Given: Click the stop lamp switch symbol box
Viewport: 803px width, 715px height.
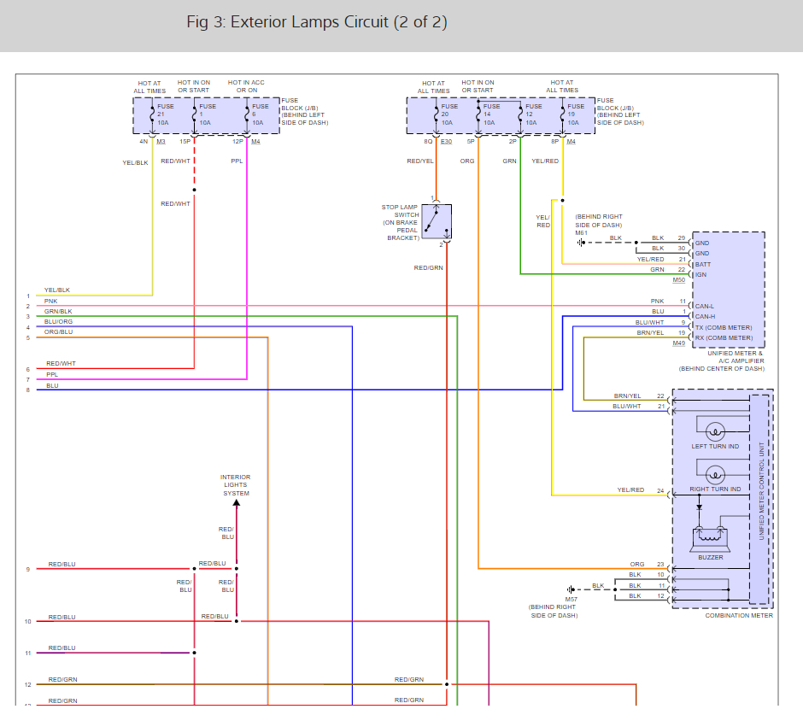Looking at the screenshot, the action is (437, 222).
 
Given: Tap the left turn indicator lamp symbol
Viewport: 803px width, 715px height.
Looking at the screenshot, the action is (715, 431).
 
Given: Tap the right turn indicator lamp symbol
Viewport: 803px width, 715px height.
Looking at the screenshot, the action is (715, 475).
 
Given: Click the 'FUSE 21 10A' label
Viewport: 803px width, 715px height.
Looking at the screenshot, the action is (165, 114).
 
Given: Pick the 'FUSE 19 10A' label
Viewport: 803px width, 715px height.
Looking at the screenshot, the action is (576, 114).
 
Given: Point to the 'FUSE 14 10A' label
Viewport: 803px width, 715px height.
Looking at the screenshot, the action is (491, 114).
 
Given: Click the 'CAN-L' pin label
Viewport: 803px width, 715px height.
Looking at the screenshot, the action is (704, 307).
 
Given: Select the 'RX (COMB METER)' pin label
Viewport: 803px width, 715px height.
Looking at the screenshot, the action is (724, 338).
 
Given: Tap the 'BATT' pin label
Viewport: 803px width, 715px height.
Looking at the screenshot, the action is (702, 265).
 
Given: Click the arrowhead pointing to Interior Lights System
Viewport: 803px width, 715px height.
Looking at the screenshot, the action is (236, 503).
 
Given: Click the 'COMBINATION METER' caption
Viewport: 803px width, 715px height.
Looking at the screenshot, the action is (739, 616).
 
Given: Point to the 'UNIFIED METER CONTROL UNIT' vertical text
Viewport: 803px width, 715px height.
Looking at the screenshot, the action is (761, 490).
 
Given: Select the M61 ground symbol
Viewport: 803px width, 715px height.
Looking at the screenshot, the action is (580, 243).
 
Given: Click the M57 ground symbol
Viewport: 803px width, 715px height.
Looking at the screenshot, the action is (571, 589).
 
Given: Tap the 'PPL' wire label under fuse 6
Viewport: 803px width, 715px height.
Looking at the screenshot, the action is (237, 161).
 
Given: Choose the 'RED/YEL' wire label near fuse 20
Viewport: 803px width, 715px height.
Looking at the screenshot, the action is (420, 161).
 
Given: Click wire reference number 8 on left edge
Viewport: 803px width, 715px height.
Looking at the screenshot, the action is (28, 390).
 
